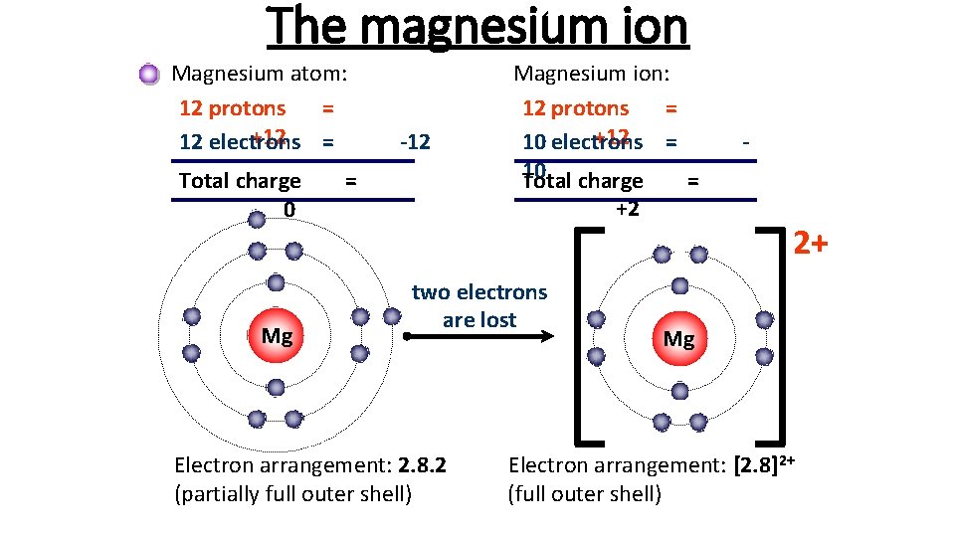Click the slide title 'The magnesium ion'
pos(477,27)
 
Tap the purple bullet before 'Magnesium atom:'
pos(149,74)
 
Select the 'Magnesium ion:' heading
pos(591,73)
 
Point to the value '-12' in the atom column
pos(414,141)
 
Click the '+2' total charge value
pos(627,209)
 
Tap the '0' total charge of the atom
pos(288,209)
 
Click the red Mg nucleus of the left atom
pos(276,335)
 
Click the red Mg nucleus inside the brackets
pos(678,338)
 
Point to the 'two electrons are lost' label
pos(479,305)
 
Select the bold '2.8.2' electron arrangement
pos(422,464)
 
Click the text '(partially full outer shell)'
pos(292,493)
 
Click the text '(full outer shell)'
pos(584,493)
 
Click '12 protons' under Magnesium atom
pos(232,108)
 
